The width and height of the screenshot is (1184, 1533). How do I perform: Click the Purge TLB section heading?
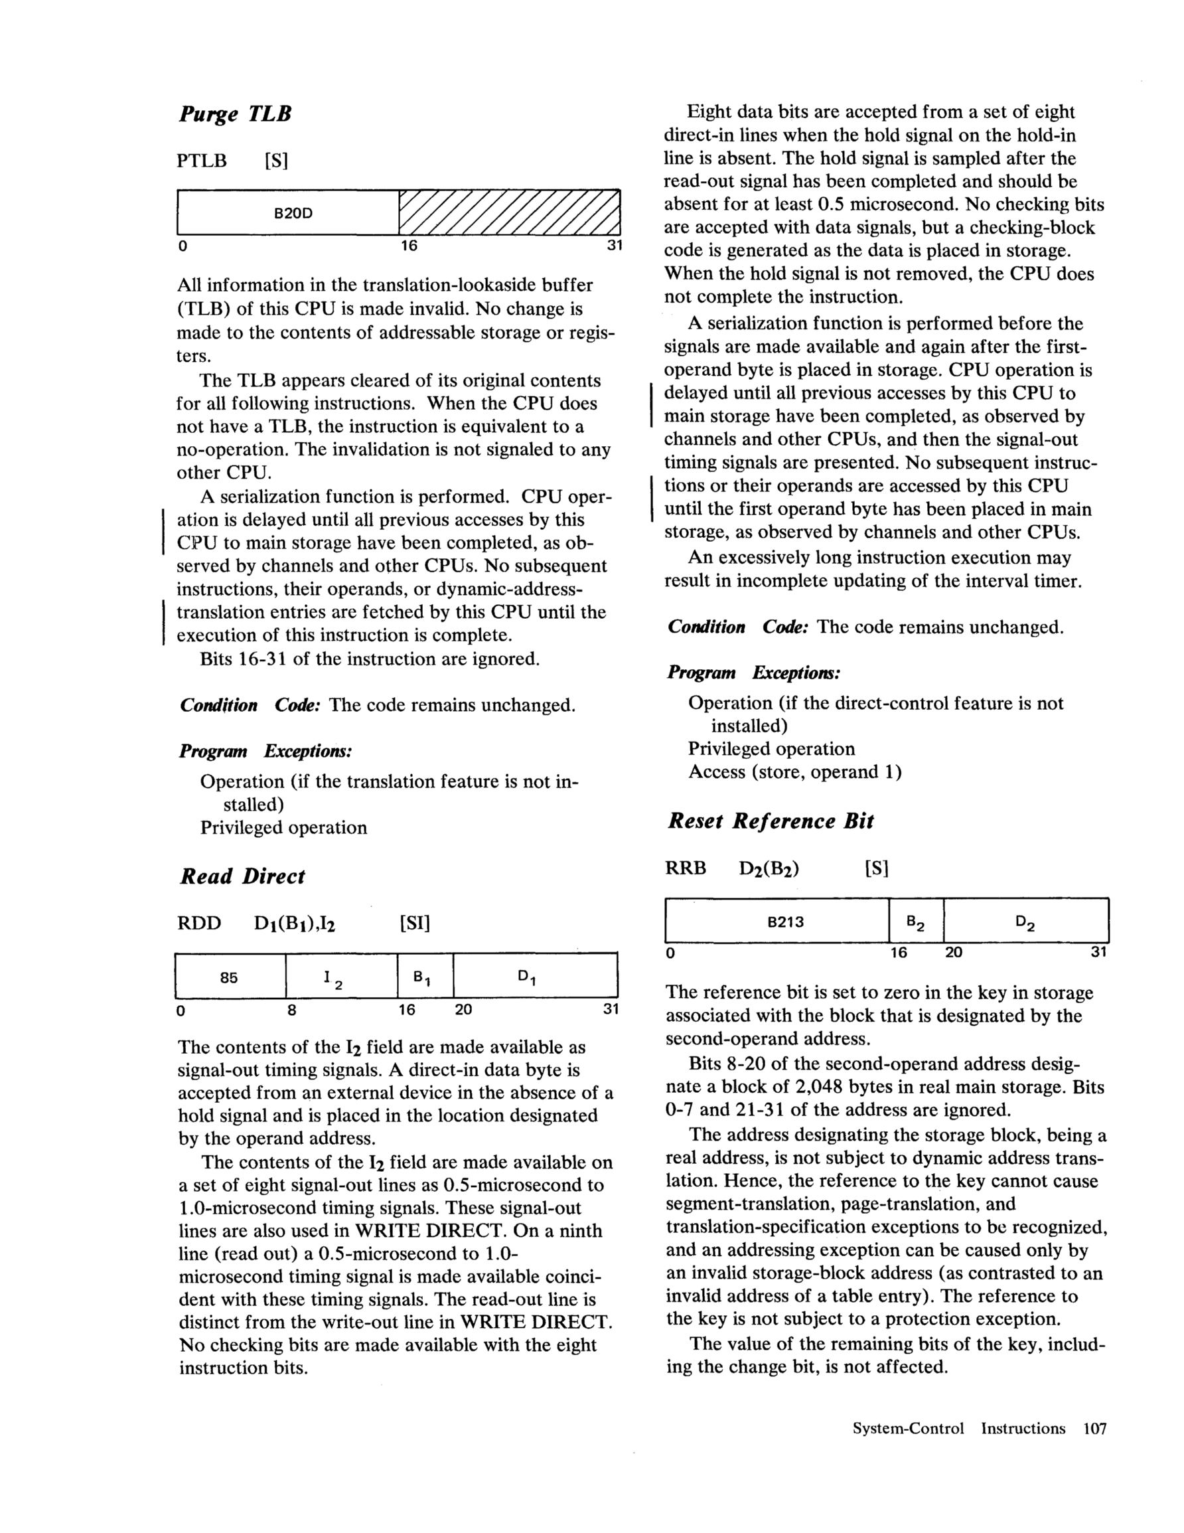pos(235,114)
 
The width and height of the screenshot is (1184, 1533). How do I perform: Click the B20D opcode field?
pos(293,212)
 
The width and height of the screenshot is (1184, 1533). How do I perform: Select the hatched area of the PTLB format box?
pos(510,212)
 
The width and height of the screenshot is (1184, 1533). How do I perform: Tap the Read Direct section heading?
pos(242,876)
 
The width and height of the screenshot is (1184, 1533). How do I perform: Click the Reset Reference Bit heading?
pos(770,821)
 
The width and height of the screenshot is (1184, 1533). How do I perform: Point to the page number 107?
pos(1095,1428)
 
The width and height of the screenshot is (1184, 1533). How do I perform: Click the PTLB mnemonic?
pos(202,161)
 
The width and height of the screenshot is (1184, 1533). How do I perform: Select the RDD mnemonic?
pos(199,923)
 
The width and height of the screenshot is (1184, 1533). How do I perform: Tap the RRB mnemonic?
pos(686,868)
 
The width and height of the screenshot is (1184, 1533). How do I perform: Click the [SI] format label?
pos(414,923)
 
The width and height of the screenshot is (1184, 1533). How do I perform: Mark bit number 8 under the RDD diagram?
pos(291,1010)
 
